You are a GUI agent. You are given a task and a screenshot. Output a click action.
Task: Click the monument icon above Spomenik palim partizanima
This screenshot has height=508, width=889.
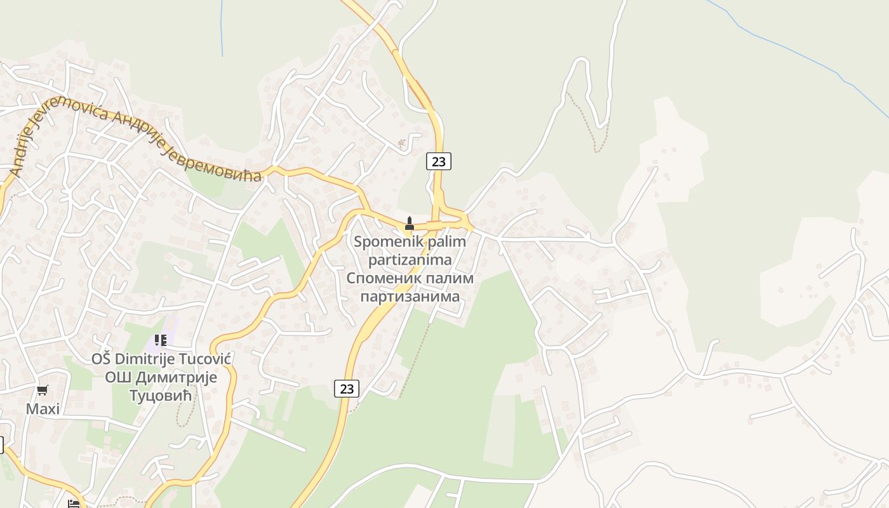click(410, 224)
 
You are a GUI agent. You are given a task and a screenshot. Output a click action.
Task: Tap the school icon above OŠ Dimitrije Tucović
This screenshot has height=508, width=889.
click(160, 340)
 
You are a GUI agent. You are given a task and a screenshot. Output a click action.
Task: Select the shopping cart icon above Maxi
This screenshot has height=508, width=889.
click(43, 390)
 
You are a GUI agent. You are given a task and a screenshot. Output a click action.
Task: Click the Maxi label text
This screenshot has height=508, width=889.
click(43, 409)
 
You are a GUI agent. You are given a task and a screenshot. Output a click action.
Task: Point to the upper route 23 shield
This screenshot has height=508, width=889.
click(438, 161)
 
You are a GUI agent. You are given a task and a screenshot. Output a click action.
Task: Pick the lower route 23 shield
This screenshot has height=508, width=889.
click(347, 388)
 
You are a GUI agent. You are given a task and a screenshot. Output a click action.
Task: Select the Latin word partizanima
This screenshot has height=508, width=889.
click(410, 260)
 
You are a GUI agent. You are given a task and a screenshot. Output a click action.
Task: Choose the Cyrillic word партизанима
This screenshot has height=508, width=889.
click(410, 297)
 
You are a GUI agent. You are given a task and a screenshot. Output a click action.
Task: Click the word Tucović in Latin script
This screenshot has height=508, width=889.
click(206, 359)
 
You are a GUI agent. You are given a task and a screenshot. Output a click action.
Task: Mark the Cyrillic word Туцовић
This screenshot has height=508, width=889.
click(161, 396)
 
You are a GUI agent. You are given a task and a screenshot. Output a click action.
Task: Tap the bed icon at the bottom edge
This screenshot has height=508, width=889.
click(74, 504)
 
